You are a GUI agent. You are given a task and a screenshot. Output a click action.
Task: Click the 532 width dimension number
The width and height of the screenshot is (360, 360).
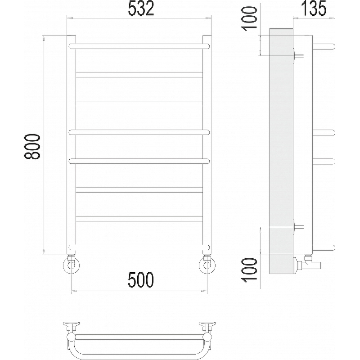[141, 8]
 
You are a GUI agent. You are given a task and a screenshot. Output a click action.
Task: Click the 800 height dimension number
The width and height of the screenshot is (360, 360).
[32, 147]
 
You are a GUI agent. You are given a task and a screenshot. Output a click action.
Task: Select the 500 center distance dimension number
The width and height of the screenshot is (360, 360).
[141, 279]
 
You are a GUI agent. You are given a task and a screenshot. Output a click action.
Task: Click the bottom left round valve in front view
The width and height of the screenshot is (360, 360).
[72, 265]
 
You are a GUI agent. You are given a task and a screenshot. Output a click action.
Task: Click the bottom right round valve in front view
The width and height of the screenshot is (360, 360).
[207, 265]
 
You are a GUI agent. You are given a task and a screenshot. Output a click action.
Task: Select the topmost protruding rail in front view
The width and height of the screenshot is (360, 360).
[139, 46]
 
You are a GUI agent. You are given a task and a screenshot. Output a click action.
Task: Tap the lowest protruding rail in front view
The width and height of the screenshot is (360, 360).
[139, 247]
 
